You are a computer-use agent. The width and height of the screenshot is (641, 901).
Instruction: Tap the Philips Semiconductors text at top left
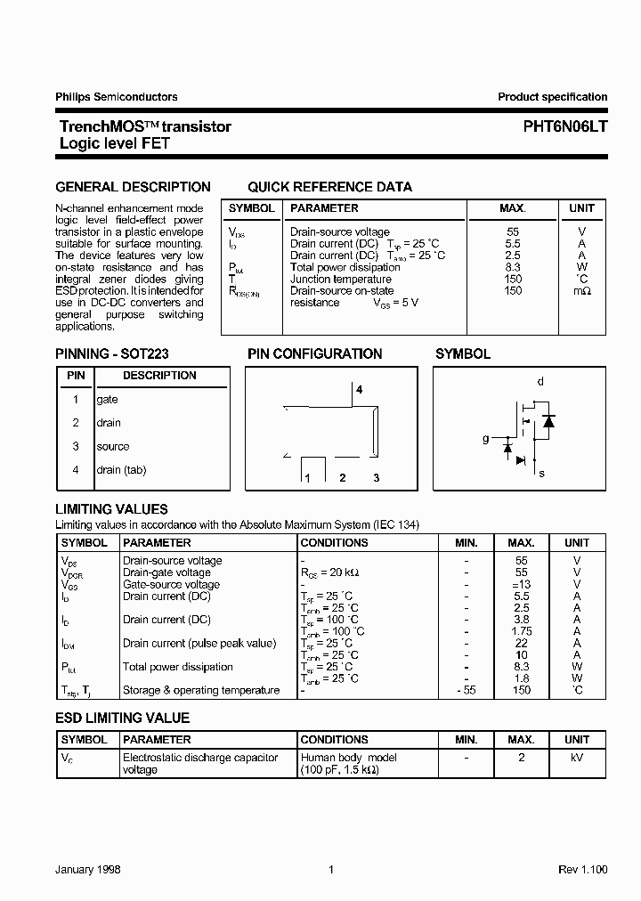point(116,97)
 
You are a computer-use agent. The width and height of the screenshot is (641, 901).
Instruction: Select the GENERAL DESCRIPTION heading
point(133,187)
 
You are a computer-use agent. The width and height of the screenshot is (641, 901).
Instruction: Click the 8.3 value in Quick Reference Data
point(512,267)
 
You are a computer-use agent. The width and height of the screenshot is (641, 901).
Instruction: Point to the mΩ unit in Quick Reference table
point(581,291)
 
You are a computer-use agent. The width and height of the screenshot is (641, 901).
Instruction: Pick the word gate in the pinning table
point(107,400)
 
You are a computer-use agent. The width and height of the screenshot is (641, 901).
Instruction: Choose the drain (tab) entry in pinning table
point(121,469)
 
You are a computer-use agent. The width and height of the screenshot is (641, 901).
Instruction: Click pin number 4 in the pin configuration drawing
point(359,390)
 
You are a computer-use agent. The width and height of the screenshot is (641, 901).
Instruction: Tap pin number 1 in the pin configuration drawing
point(307,478)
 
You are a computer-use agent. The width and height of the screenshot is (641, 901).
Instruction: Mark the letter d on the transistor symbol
point(540,381)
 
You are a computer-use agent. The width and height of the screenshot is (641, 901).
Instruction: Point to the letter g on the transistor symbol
point(485,438)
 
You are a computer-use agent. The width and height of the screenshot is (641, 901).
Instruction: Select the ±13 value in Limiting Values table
point(521,585)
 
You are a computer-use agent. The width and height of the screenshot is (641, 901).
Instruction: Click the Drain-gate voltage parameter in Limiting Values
point(166,572)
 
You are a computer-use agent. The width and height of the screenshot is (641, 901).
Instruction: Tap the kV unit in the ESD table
point(576,758)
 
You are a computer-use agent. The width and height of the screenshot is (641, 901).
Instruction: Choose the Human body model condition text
point(349,758)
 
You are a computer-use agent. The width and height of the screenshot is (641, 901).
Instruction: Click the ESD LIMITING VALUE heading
point(122,718)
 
